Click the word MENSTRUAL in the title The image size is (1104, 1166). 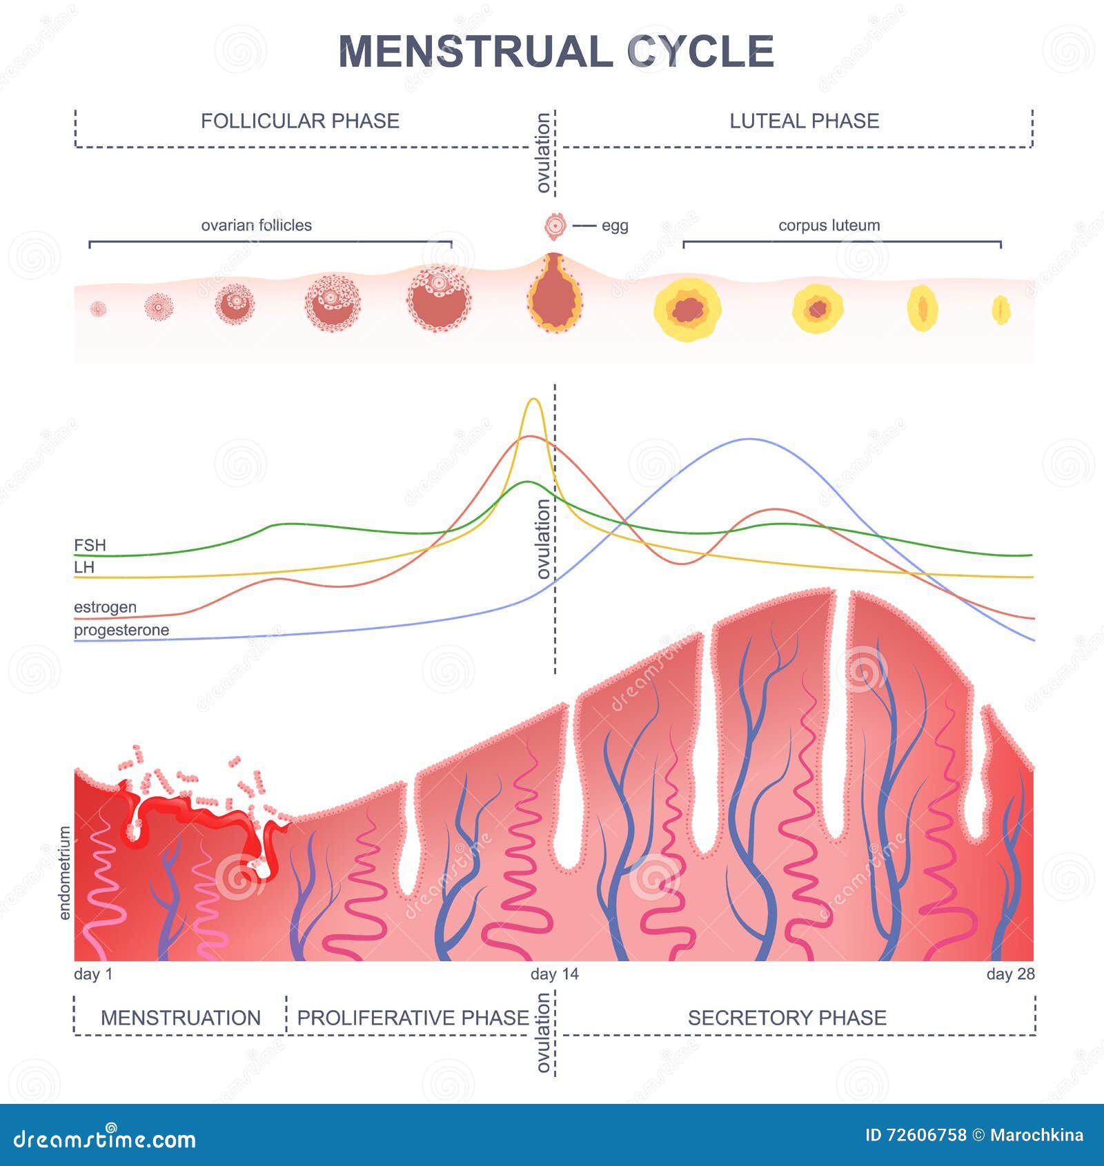coord(475,51)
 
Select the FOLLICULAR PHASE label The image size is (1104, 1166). coord(300,121)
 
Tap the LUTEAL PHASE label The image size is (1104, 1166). coord(805,121)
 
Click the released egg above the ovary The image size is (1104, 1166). coord(554,226)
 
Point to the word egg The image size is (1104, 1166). coord(615,226)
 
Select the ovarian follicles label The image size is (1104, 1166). coord(256,225)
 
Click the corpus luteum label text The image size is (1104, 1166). coord(829,225)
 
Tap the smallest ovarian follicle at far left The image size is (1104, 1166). coord(99,308)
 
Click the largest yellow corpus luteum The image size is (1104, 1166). coord(688,310)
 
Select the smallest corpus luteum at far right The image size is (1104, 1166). coord(1001,310)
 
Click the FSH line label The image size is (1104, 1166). coord(90,545)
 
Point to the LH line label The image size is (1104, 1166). coord(83,567)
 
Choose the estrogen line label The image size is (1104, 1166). coord(105,607)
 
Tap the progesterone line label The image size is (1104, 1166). coord(121,630)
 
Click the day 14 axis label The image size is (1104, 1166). coord(555,974)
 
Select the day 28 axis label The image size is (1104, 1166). coord(1010,974)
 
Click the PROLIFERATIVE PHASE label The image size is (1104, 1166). coord(413,1018)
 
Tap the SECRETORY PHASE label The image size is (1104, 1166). coord(787,1018)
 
